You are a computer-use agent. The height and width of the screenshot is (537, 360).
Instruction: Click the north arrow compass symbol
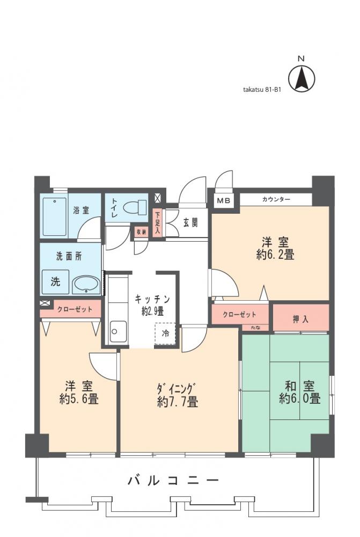pos(302,79)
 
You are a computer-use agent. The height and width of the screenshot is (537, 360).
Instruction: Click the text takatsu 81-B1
pos(259,91)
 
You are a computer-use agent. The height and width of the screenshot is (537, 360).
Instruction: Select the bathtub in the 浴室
pos(55,216)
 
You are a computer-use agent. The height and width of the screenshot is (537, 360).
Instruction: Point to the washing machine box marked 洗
pos(55,281)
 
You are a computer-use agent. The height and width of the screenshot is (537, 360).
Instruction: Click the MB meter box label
pos(222,200)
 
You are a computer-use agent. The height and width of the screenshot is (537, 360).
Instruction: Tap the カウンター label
pos(276,199)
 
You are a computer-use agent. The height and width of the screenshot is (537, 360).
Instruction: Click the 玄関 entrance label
pos(190,222)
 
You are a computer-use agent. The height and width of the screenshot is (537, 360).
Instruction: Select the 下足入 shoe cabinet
pos(157,222)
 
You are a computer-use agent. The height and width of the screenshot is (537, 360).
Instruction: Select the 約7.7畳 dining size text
pos(178,401)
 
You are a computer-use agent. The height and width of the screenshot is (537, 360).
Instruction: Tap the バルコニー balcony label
pos(173,480)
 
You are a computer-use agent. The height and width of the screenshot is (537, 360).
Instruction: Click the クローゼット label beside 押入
pos(239,315)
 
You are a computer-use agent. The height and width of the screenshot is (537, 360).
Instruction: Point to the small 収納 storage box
pos(141,232)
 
